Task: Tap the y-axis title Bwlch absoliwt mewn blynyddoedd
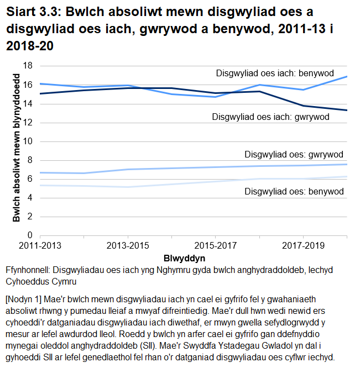[17, 150]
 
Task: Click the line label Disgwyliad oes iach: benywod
[275, 73]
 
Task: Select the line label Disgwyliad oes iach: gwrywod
[270, 117]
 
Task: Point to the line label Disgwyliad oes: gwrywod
[294, 154]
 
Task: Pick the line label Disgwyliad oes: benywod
[294, 191]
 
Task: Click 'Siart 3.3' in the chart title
[31, 12]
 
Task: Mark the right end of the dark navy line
[347, 110]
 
